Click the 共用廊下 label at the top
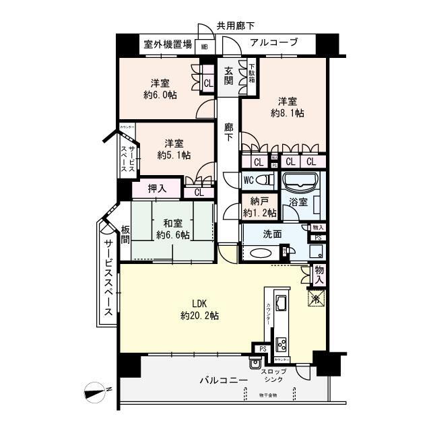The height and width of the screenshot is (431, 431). (x=235, y=27)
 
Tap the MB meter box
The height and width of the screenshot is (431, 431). (x=205, y=47)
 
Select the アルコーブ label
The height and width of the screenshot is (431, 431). (x=273, y=42)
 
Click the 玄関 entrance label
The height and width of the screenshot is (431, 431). (x=228, y=76)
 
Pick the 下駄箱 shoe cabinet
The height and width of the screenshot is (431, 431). (x=251, y=73)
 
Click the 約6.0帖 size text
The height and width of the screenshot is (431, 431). (x=160, y=95)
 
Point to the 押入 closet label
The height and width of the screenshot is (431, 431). (x=160, y=189)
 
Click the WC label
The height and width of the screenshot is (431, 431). (x=248, y=180)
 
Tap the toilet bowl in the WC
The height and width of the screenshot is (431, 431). (x=265, y=180)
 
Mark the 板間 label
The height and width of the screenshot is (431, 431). (x=126, y=234)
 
